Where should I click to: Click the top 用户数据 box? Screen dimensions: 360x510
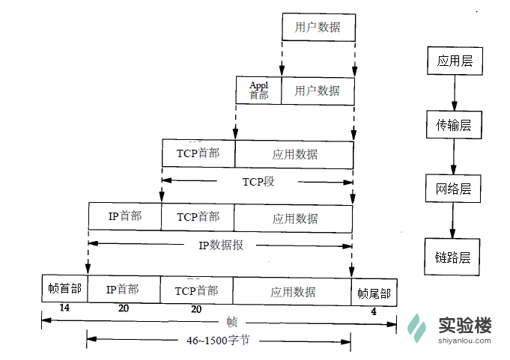coord(317,28)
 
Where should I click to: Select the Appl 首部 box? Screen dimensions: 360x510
coord(258,91)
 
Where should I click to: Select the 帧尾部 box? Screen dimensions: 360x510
coord(374,293)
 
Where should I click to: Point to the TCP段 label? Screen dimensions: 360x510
coord(258,181)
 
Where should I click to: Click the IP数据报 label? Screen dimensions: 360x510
coord(221,245)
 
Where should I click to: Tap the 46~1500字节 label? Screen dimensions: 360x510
coord(219,340)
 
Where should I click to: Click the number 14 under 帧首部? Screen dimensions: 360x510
coord(64,308)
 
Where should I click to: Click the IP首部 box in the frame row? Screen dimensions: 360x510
coord(123,290)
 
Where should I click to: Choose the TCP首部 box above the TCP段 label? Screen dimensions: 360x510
coord(198,153)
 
